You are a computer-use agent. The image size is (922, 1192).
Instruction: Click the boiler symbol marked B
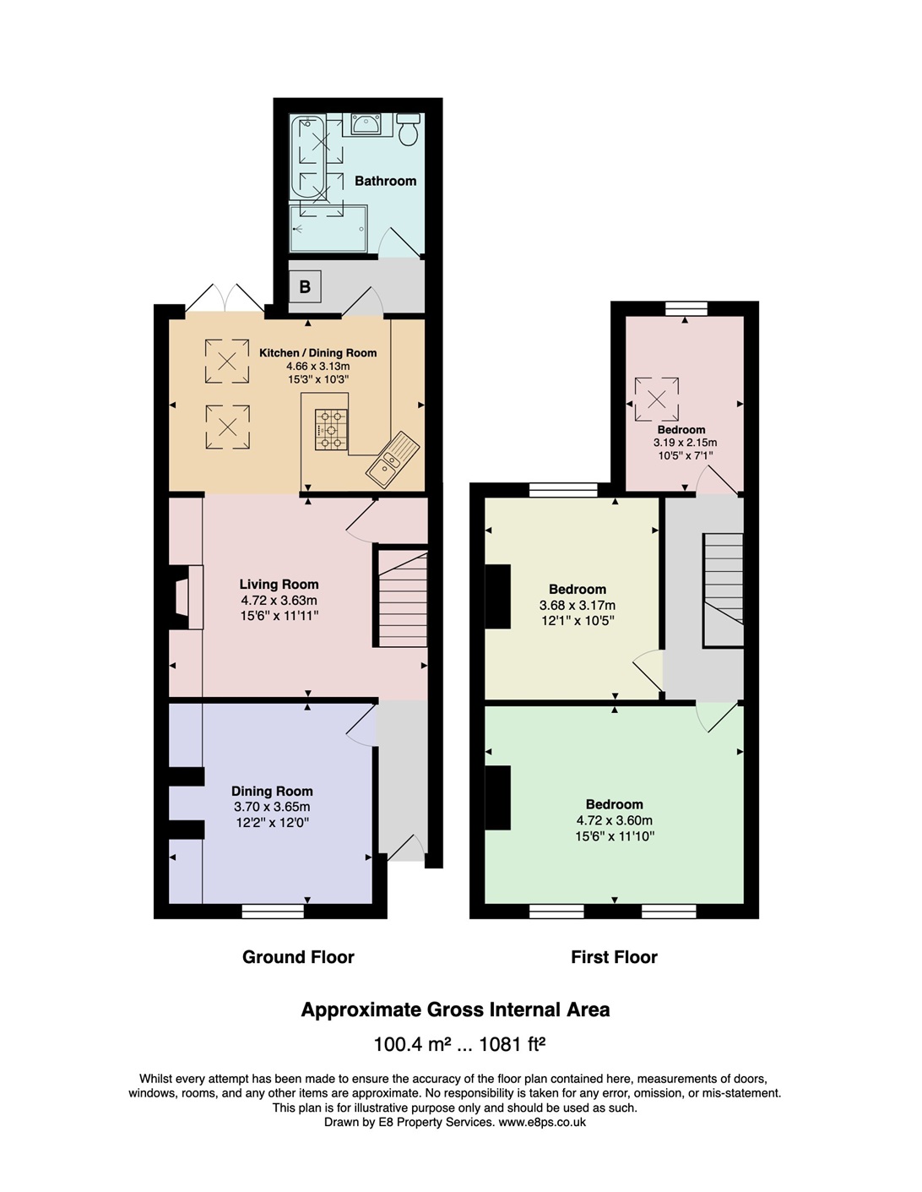point(306,286)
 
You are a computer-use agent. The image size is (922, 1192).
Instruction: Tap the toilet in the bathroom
point(408,129)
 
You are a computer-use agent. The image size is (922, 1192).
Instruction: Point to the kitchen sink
point(392,460)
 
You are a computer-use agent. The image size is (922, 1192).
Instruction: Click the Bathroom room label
point(385,181)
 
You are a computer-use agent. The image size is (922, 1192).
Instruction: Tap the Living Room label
point(279,585)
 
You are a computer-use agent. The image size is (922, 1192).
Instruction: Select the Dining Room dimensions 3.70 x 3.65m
point(272,807)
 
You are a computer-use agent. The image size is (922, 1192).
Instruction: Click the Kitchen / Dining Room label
point(318,353)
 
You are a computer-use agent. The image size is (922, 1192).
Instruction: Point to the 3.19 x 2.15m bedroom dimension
point(685,442)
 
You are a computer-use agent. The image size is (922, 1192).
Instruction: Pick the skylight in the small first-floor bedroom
point(657,400)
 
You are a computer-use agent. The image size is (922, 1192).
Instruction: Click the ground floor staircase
point(403,598)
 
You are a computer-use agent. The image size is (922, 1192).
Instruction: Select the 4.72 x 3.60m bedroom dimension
point(614,820)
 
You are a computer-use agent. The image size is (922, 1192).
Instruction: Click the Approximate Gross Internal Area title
point(455,1010)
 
